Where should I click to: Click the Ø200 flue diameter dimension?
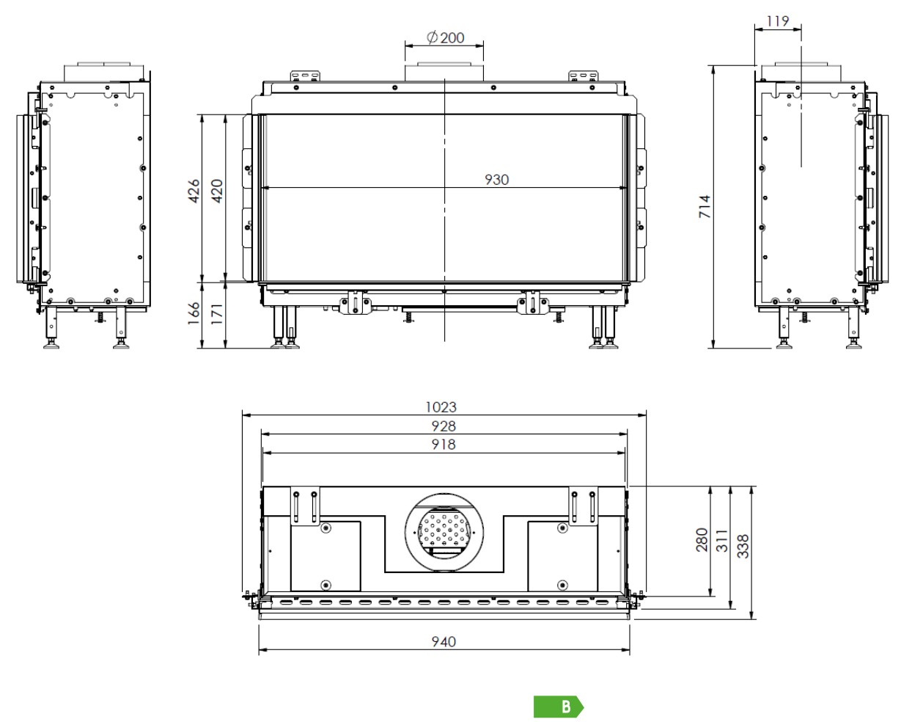(445, 37)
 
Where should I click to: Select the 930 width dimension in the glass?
(496, 180)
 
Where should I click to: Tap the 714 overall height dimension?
(705, 207)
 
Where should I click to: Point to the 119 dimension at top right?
(778, 21)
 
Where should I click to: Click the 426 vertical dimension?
(194, 191)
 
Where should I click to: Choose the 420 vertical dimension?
(217, 191)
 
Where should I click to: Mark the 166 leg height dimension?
(194, 313)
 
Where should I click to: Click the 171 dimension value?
(216, 314)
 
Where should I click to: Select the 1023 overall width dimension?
(441, 407)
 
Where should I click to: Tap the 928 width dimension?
(444, 426)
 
